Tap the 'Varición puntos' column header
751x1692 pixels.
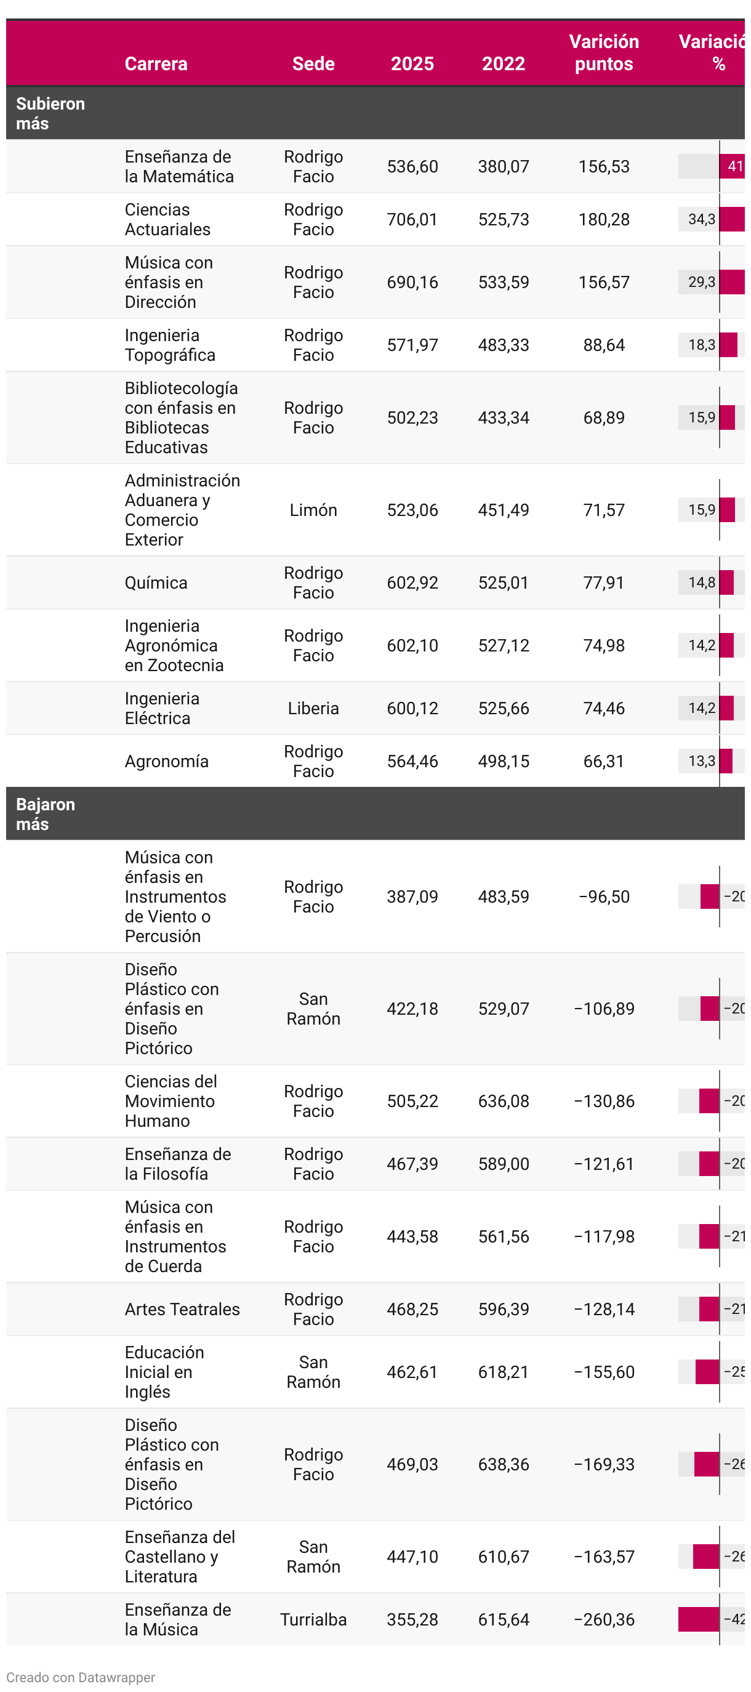603,52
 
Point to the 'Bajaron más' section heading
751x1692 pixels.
46,814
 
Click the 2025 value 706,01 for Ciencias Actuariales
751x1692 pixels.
412,219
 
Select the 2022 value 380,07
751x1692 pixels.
503,166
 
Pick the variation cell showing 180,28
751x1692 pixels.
603,219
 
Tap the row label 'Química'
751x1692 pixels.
156,582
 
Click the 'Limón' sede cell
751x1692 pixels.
313,510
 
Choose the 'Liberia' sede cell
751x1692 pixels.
313,708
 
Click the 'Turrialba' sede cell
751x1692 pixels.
313,1620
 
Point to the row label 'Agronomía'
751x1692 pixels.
167,761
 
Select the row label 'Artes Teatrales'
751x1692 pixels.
182,1309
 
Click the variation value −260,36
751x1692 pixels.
603,1620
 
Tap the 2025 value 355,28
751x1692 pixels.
412,1620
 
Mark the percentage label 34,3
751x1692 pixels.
701,219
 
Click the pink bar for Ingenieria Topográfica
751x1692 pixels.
728,345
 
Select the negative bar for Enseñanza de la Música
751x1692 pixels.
699,1620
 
